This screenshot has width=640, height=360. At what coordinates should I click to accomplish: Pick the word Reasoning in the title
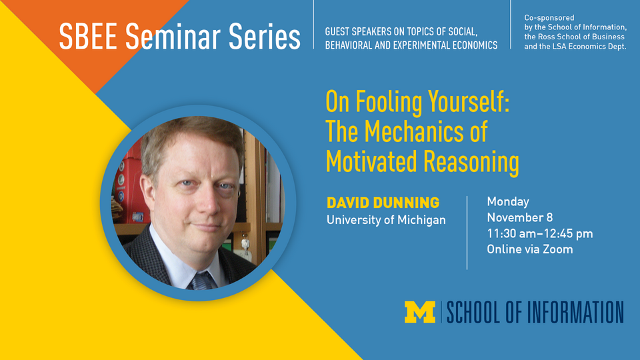point(471,162)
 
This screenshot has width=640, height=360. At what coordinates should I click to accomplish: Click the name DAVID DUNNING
point(383,202)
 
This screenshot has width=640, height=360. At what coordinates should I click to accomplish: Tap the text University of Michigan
point(386,219)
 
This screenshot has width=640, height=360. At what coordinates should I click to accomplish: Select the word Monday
point(507,201)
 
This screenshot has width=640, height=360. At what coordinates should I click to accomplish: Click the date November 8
point(519,217)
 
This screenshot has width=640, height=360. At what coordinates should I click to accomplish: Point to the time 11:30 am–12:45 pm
point(539,233)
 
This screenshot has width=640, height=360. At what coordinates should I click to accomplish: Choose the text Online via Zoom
point(529,249)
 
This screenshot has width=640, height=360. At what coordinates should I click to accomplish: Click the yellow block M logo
point(420,312)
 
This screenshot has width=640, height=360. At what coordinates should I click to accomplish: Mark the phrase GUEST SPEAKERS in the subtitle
point(359,32)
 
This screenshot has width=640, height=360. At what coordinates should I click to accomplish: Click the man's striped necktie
point(202,279)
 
